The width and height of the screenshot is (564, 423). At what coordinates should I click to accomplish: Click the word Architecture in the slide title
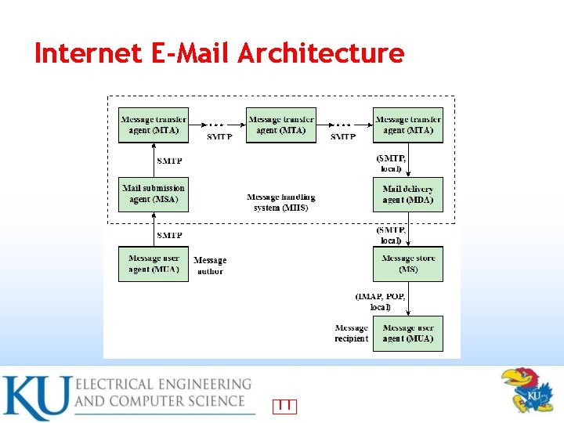(320, 53)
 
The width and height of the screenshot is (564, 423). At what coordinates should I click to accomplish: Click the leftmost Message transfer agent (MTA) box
(154, 125)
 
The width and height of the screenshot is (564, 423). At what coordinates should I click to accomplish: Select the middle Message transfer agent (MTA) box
(281, 125)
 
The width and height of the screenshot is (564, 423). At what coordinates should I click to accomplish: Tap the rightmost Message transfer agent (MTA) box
(408, 125)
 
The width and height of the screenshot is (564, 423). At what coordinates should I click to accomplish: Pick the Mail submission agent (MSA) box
(154, 193)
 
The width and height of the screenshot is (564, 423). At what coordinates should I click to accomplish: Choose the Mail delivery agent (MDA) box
(408, 194)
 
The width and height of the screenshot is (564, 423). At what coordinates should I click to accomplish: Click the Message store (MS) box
(408, 264)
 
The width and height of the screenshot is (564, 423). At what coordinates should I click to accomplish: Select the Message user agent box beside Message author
(154, 264)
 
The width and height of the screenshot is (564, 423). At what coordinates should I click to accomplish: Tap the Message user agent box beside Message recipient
(408, 333)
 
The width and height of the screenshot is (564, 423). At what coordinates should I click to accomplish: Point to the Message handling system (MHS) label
(281, 202)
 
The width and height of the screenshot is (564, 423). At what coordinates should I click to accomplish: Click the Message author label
(210, 266)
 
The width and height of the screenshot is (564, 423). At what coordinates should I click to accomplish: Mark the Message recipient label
(351, 333)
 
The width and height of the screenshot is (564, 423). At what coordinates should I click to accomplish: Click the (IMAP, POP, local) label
(380, 302)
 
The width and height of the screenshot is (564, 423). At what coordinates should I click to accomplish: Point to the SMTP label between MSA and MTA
(170, 161)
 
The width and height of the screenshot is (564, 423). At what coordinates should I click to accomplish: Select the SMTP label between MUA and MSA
(170, 235)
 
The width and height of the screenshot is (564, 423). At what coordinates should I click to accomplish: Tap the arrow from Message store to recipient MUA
(408, 298)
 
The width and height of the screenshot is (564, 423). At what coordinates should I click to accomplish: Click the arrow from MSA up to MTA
(154, 160)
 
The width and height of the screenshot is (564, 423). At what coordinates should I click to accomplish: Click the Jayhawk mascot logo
(527, 389)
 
